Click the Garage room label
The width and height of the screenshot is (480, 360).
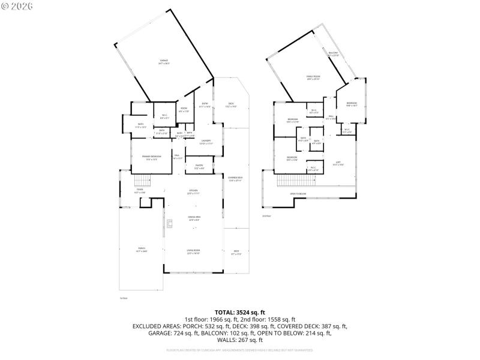163,62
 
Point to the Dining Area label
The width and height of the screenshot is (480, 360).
194,219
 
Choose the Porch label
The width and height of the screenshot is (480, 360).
142,250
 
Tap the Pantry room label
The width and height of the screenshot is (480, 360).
199,166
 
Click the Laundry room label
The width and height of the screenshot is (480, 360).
205,142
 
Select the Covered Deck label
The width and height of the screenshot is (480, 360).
235,178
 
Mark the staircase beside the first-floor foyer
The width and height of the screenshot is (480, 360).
142,181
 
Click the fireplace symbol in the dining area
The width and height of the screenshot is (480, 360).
170,224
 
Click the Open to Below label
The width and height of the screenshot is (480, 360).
298,194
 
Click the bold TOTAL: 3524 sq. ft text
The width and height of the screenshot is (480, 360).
239,312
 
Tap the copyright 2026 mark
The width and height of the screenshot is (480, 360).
17,6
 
